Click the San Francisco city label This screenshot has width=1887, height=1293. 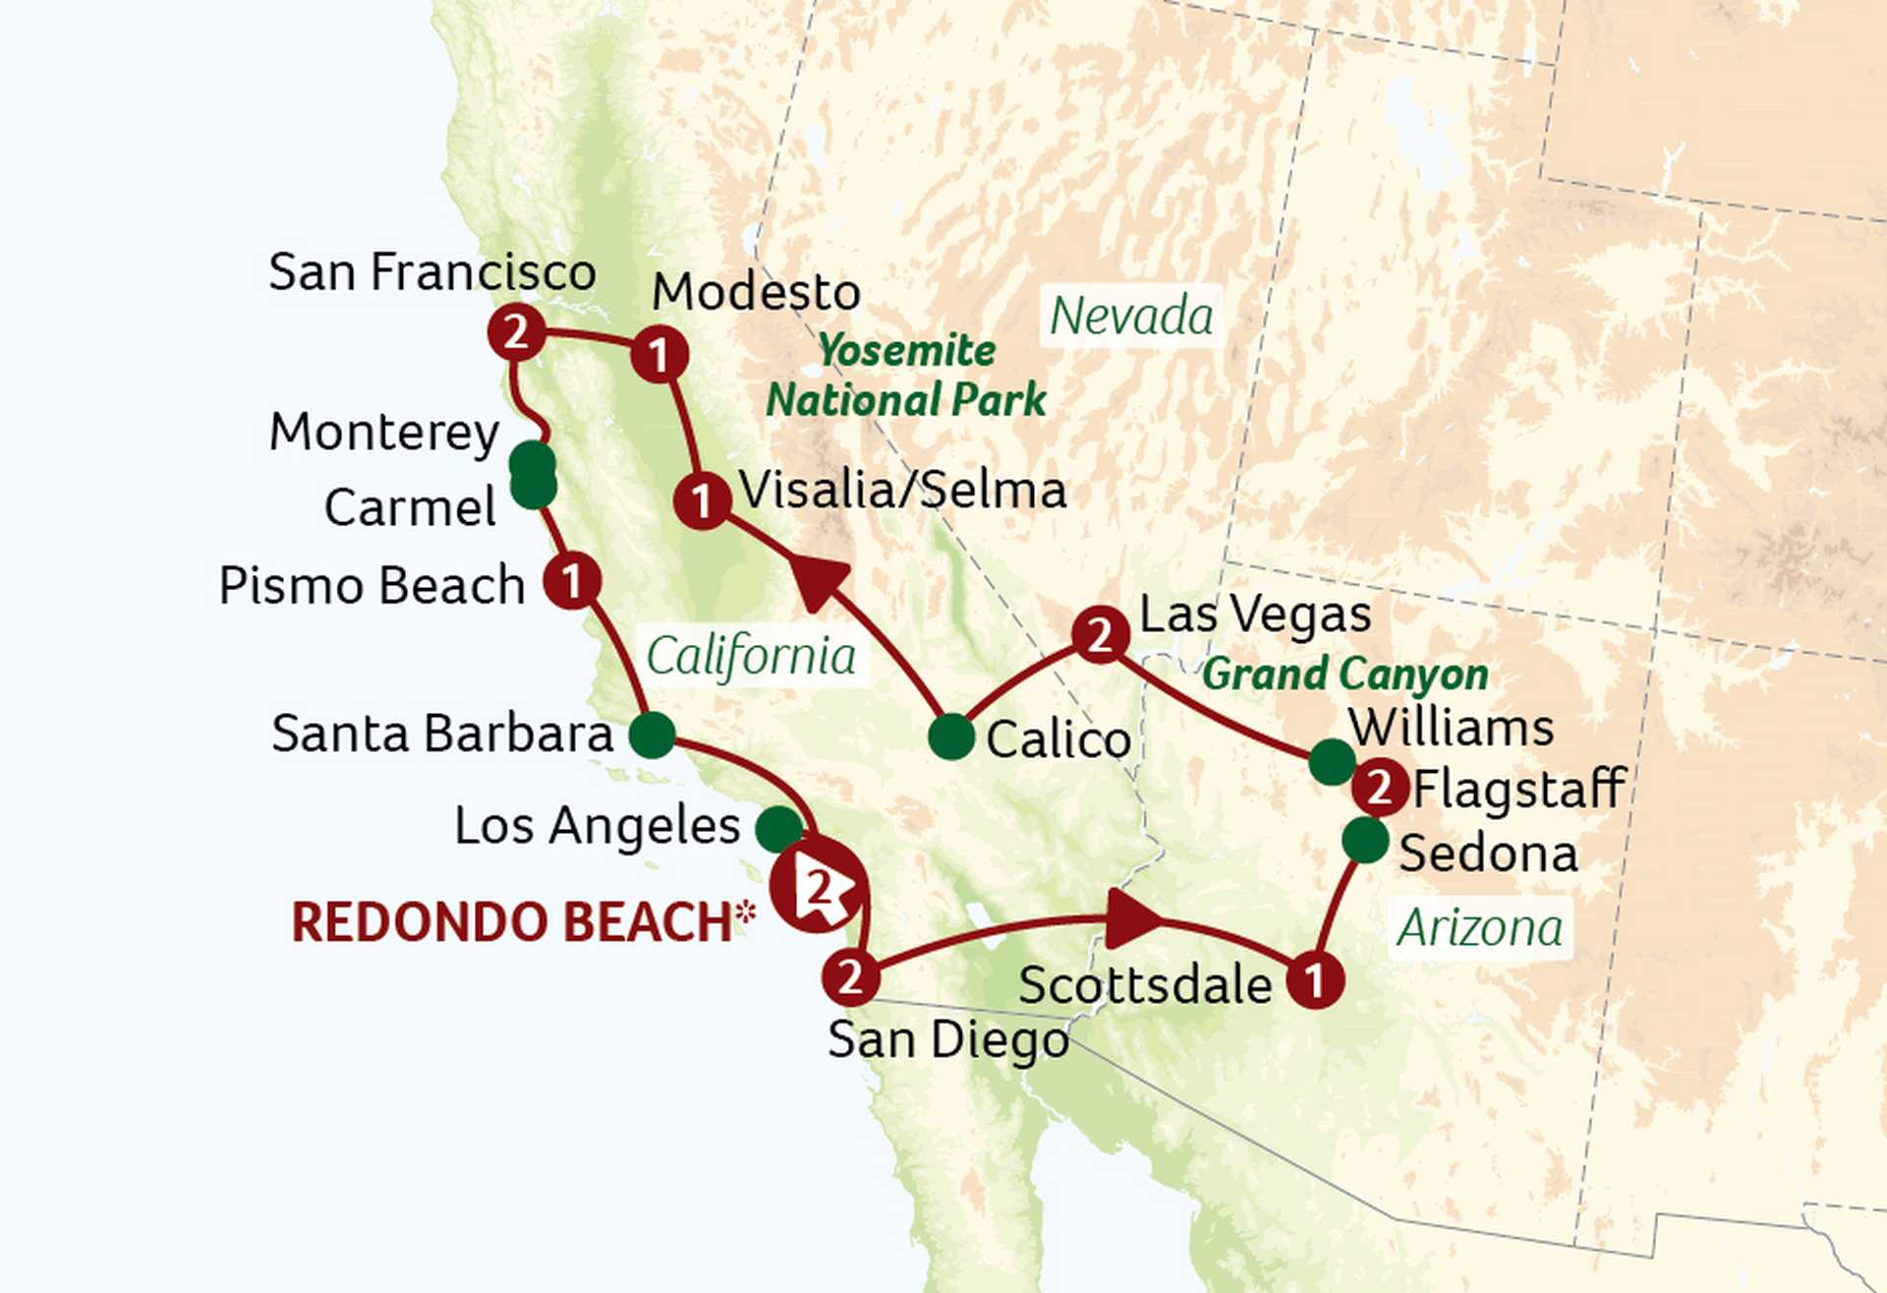[x=432, y=271]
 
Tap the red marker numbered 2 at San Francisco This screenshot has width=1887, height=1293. [x=516, y=332]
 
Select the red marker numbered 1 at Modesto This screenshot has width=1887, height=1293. [x=658, y=354]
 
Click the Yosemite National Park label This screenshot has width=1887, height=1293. [x=905, y=376]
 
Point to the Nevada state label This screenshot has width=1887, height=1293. [x=1130, y=317]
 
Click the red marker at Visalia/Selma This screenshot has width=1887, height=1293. [x=702, y=500]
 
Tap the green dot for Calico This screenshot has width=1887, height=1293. [x=950, y=736]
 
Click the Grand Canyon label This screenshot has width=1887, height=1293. [x=1344, y=675]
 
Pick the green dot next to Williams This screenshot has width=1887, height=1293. [x=1333, y=761]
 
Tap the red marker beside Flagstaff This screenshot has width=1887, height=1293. [x=1379, y=788]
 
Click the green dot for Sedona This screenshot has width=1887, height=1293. [x=1364, y=840]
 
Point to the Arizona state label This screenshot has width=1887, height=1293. [x=1479, y=927]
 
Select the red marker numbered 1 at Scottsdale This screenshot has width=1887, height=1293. [x=1314, y=978]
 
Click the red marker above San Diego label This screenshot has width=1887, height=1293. [x=849, y=976]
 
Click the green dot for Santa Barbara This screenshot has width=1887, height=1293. [x=651, y=735]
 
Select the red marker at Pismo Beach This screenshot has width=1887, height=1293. [x=571, y=580]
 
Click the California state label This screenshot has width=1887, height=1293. [x=751, y=656]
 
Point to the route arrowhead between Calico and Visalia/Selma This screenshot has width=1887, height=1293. [x=819, y=582]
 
